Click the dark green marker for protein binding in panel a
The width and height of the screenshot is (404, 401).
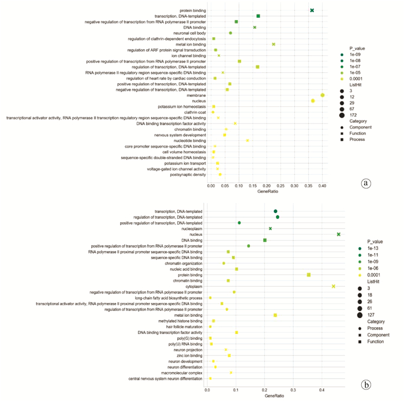point(312,10)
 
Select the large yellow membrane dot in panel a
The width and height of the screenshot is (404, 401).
point(323,95)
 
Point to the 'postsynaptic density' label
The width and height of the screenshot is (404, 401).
point(187,174)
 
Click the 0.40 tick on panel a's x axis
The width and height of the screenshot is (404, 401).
point(322,186)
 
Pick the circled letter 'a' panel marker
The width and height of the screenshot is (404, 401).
point(365,183)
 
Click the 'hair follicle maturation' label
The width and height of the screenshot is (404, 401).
point(180,327)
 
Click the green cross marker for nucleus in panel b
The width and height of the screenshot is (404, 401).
point(339,234)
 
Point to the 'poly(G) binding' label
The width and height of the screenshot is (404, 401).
point(188,338)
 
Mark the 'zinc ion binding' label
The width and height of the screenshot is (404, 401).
point(188,355)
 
